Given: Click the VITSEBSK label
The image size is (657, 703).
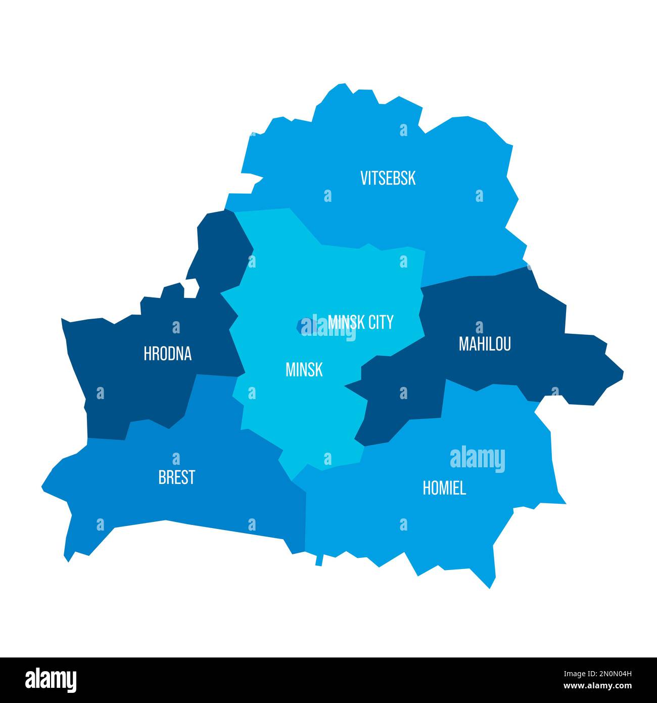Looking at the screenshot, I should [388, 178].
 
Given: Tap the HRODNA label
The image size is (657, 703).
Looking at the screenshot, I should [167, 354].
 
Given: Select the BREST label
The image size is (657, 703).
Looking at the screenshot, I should [176, 477].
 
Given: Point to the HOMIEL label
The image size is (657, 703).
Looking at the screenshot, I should [444, 488].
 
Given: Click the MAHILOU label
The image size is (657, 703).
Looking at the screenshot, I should [484, 344].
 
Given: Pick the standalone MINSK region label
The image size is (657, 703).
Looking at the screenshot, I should [304, 370].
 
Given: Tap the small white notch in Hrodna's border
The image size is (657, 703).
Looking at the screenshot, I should [191, 289].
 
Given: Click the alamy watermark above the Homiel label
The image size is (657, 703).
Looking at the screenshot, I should [477, 459].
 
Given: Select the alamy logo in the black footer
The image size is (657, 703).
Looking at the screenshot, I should [51, 679].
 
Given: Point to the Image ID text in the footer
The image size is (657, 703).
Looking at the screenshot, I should [599, 674].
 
